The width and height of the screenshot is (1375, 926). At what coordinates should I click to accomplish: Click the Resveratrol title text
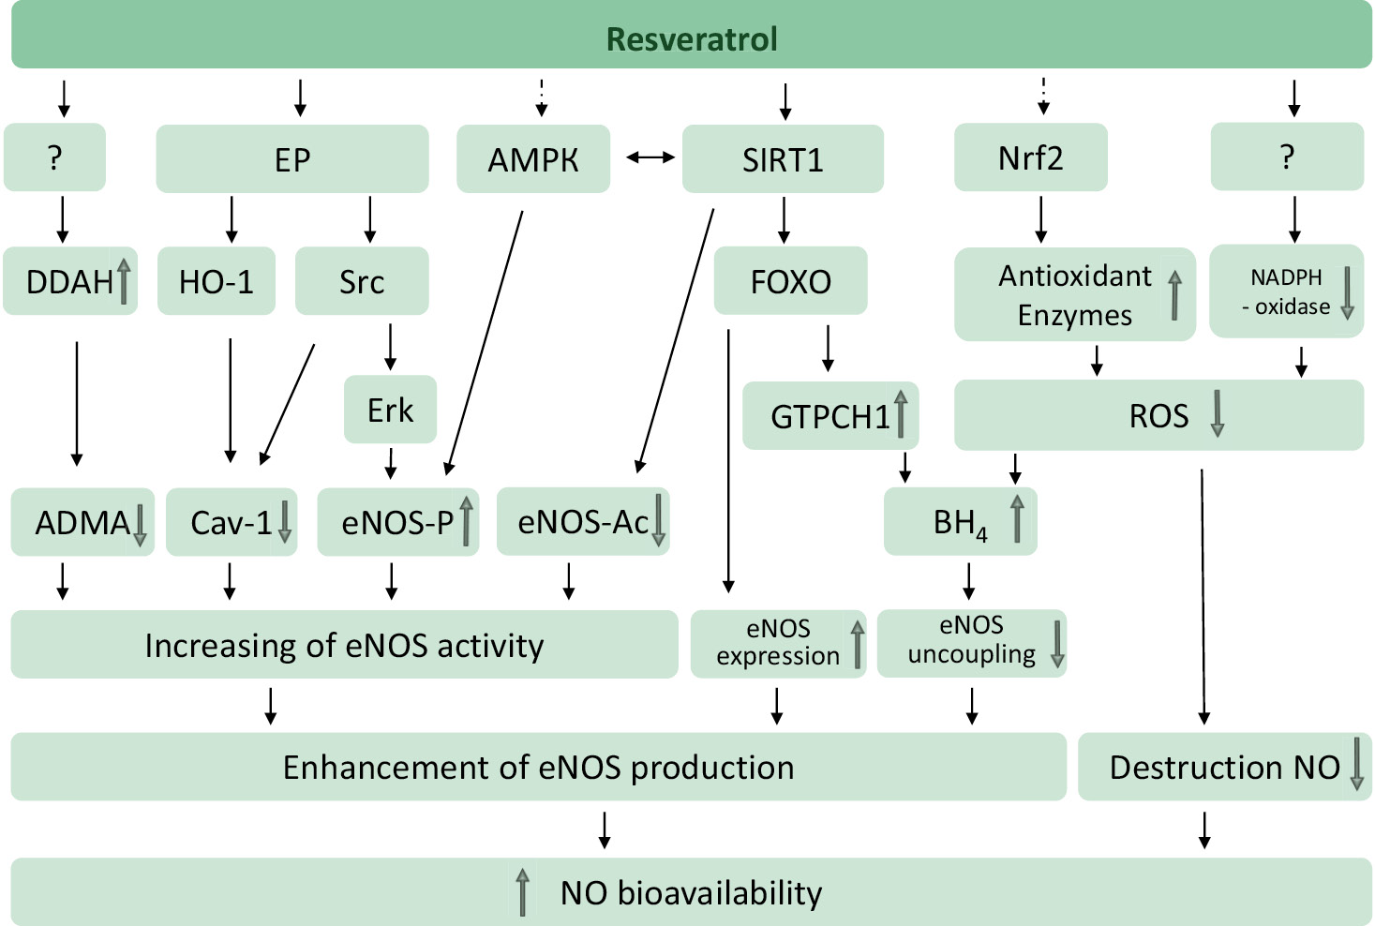tap(691, 38)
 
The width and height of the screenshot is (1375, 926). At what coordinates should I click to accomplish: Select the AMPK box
tap(533, 159)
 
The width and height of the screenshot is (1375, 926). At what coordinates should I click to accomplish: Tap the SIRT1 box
tap(783, 159)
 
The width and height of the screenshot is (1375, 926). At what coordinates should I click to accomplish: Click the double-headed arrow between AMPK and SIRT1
tap(650, 157)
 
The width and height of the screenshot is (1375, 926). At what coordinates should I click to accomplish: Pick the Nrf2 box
tap(1031, 157)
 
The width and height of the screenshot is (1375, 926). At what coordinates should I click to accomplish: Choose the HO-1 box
tap(217, 281)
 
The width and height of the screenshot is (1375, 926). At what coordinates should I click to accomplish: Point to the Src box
tap(362, 281)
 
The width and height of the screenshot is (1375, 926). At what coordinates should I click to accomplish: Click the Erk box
tap(391, 410)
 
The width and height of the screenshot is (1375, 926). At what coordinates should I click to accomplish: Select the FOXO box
tap(791, 280)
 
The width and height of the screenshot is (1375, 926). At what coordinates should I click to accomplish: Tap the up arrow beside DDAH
tap(124, 281)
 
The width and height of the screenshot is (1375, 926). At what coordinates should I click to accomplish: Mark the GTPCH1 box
tap(830, 415)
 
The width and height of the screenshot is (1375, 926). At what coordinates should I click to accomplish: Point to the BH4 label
tap(960, 524)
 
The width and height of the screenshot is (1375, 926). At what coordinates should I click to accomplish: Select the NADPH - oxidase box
tap(1287, 291)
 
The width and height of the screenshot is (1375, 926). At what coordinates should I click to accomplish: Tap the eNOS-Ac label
tap(583, 522)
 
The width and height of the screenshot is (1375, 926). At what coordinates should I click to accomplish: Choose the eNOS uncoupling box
tap(972, 643)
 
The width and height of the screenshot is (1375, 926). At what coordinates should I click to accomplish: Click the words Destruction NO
tap(1225, 767)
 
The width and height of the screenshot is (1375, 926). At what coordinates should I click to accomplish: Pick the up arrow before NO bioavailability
tap(522, 892)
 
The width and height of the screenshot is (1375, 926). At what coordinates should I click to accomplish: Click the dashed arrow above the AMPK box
tap(542, 97)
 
